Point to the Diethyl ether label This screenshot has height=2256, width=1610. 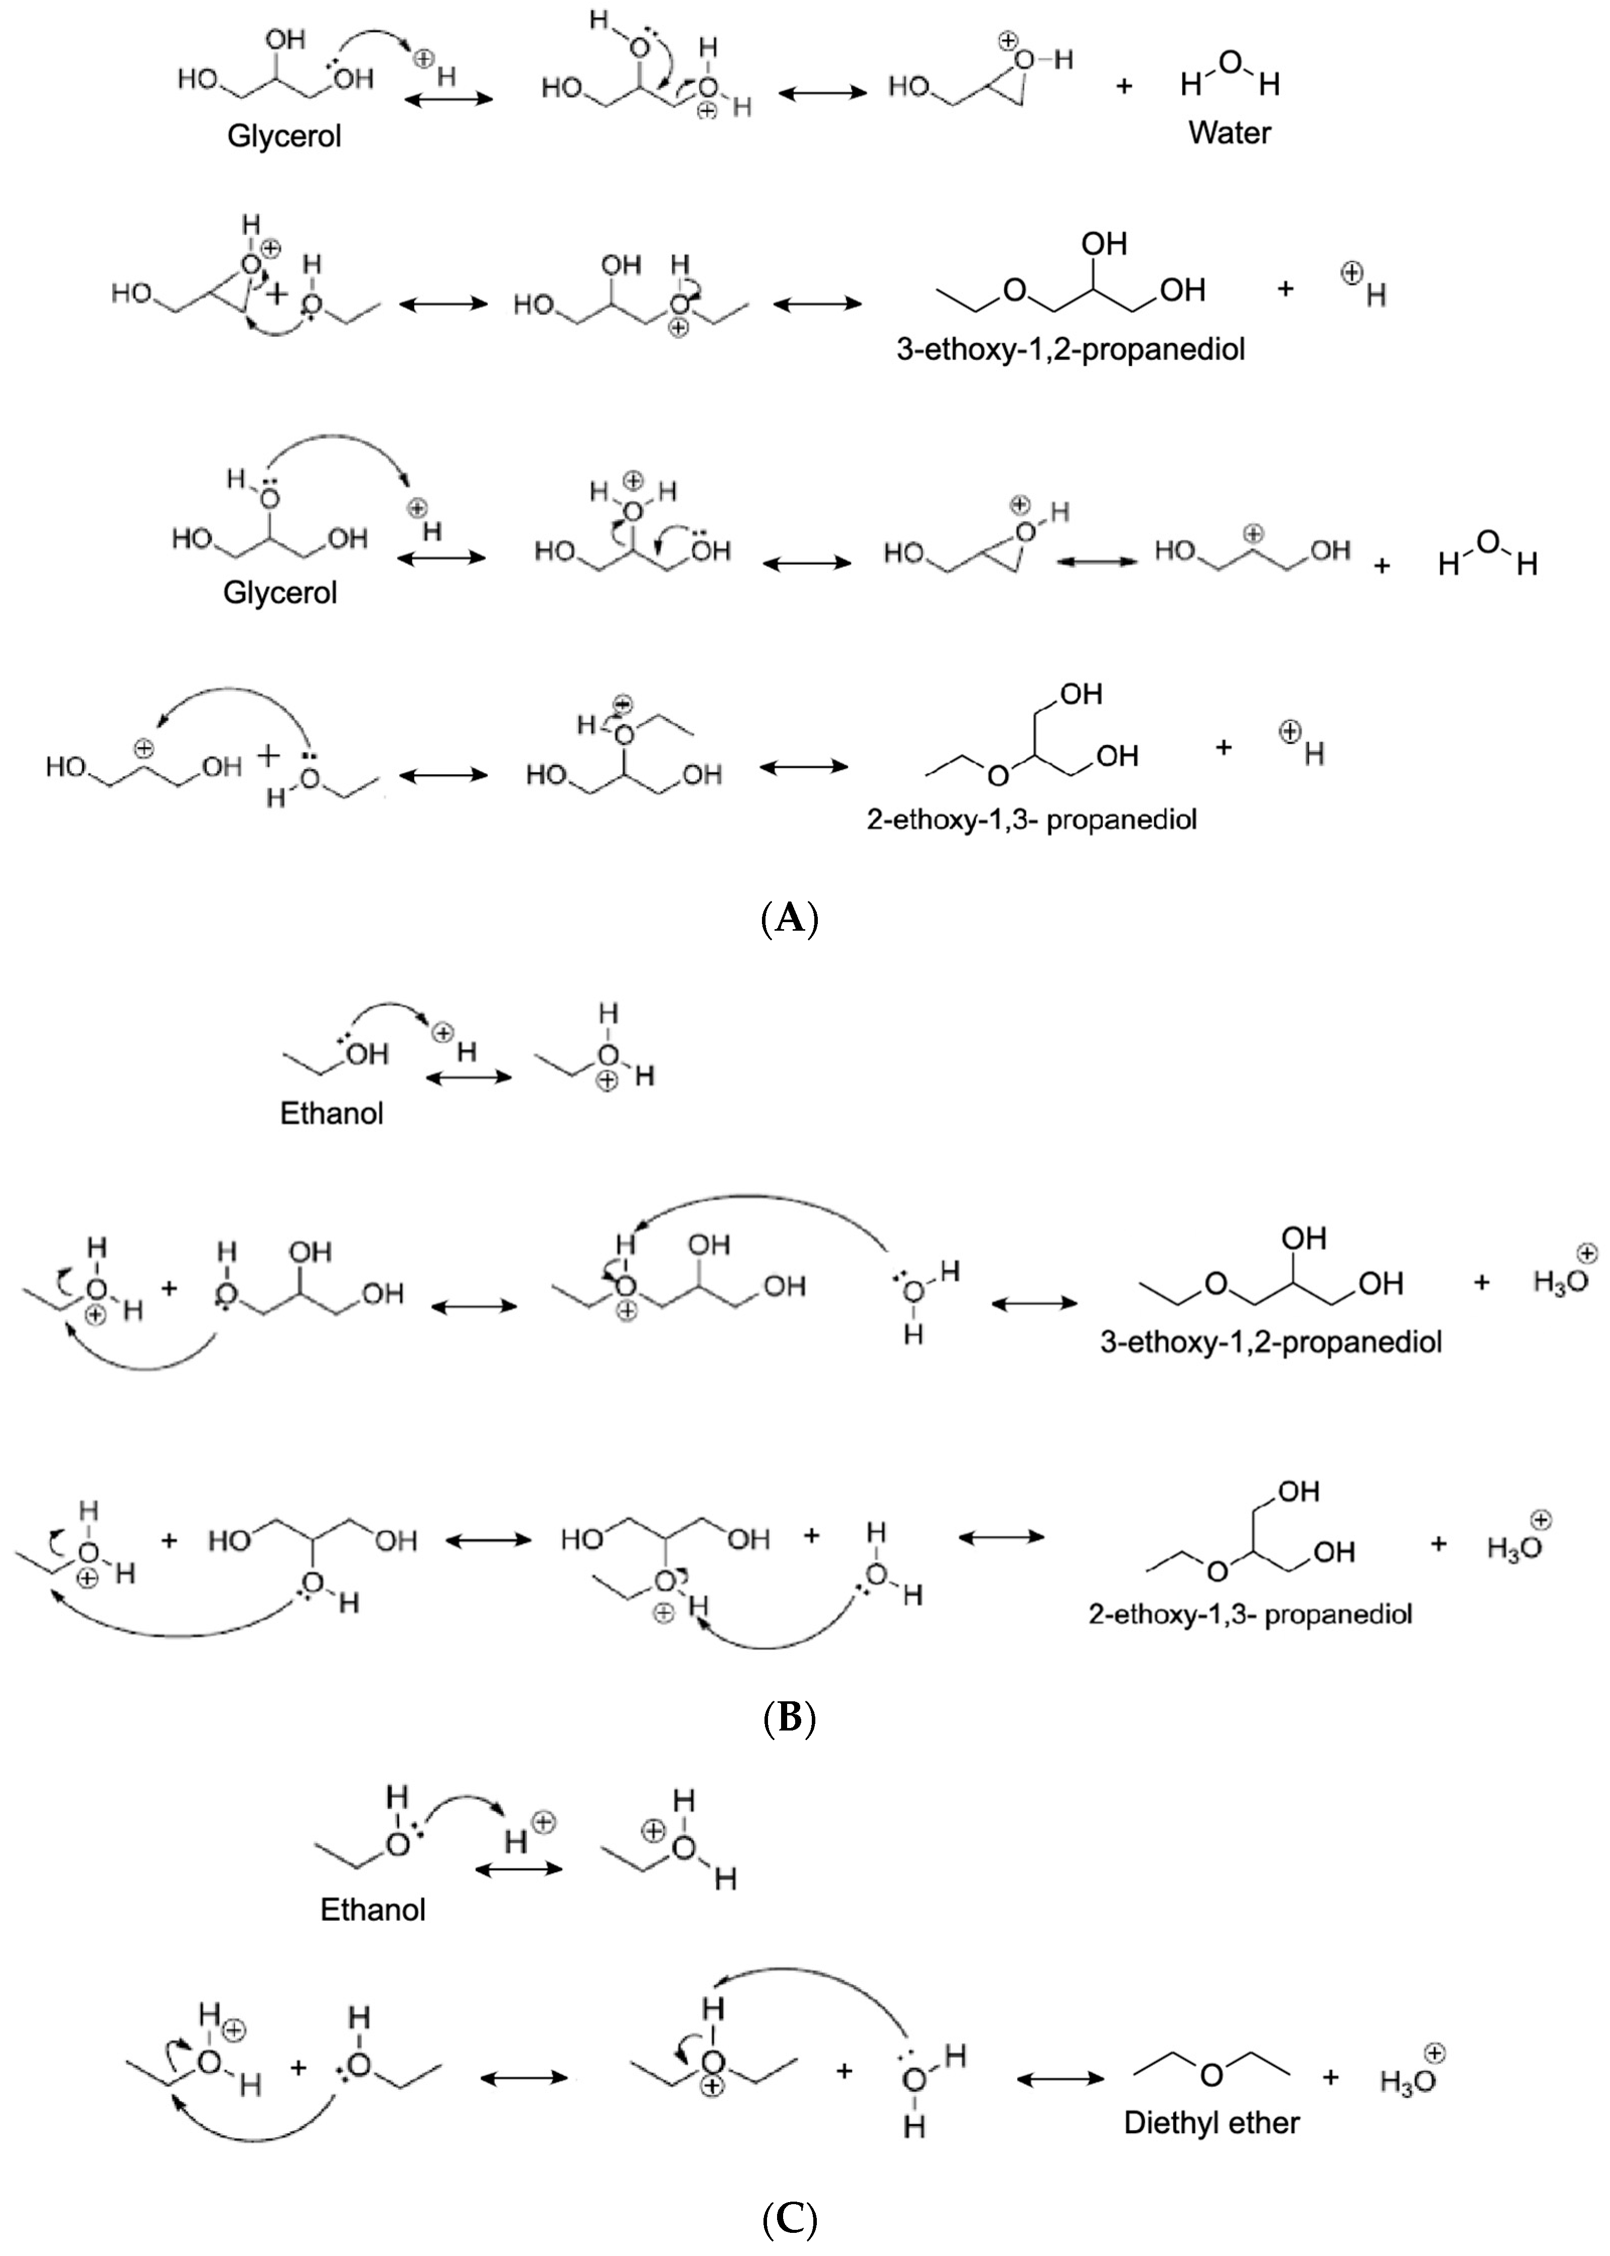point(1211,2122)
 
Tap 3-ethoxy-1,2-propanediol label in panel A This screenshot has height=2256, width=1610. point(1070,349)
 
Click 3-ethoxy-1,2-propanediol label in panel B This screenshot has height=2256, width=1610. point(1271,1342)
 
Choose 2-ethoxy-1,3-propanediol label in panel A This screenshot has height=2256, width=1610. point(1032,820)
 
